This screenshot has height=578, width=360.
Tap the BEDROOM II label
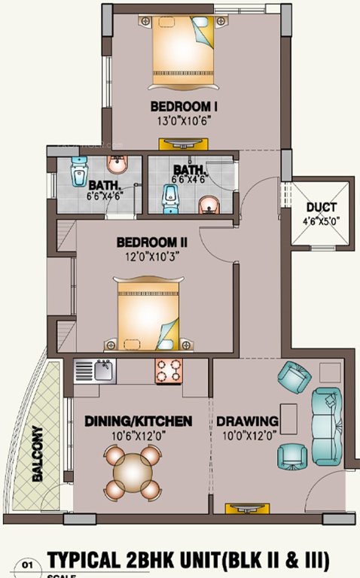click(151, 243)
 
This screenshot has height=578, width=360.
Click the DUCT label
click(322, 208)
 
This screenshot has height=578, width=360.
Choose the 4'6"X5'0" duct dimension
click(322, 221)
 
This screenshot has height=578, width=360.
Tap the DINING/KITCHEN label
click(138, 421)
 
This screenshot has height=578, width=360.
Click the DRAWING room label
click(247, 421)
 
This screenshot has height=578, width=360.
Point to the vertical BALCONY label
click(37, 455)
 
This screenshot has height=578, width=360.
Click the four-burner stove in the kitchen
click(169, 370)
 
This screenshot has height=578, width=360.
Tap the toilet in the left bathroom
click(78, 173)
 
